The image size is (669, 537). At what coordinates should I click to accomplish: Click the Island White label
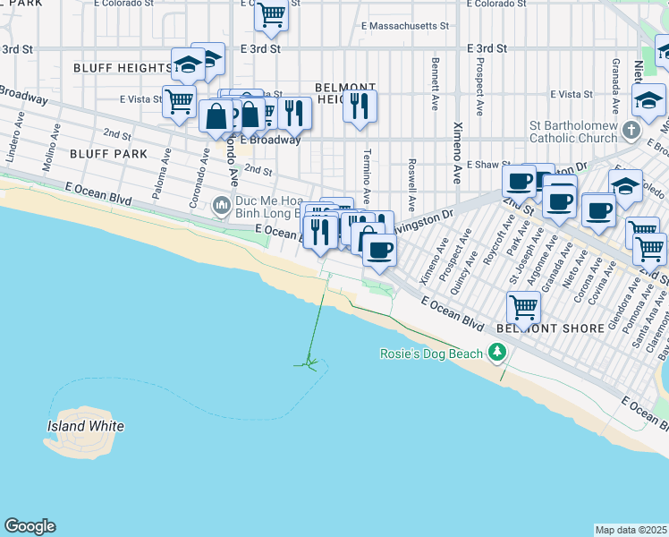click(x=85, y=426)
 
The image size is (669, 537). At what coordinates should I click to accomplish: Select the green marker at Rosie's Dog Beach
click(x=496, y=354)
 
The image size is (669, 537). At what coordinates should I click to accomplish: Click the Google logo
click(x=30, y=526)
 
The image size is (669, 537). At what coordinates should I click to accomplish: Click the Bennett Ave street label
click(x=435, y=84)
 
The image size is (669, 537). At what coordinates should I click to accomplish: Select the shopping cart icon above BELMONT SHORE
click(x=523, y=308)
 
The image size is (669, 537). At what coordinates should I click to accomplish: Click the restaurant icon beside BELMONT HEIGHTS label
click(x=360, y=106)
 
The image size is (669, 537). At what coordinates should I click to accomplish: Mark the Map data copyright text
click(x=631, y=530)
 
